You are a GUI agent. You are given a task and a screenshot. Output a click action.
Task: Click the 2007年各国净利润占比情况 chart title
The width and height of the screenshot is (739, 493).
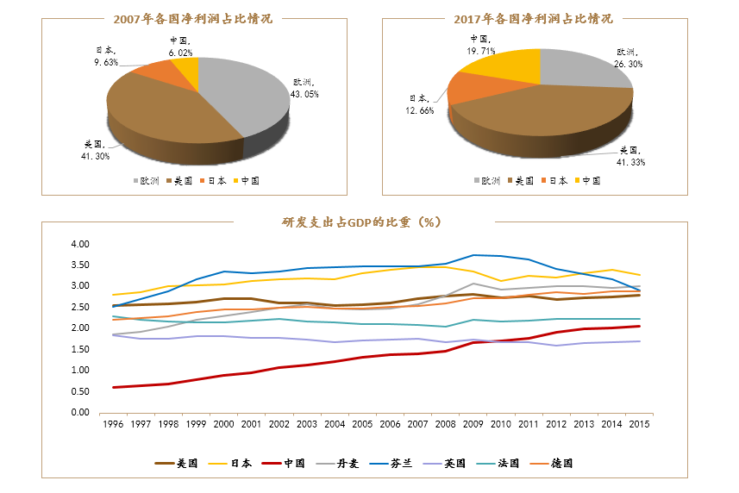[192, 18]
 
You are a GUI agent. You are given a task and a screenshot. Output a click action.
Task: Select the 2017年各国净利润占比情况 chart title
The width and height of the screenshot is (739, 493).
[533, 18]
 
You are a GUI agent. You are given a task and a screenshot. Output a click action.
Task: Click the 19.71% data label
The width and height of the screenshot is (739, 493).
[479, 45]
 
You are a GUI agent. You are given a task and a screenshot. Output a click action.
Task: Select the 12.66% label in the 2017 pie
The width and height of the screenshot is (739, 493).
[422, 104]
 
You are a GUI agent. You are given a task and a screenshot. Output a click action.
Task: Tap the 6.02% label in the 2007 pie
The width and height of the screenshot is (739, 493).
[181, 47]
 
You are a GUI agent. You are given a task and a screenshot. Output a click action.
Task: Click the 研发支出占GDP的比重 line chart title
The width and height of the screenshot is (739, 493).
[361, 222]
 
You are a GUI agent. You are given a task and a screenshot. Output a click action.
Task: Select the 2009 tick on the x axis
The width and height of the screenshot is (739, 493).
[473, 425]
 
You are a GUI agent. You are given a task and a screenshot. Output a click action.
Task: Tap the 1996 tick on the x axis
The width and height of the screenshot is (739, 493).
[111, 425]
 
